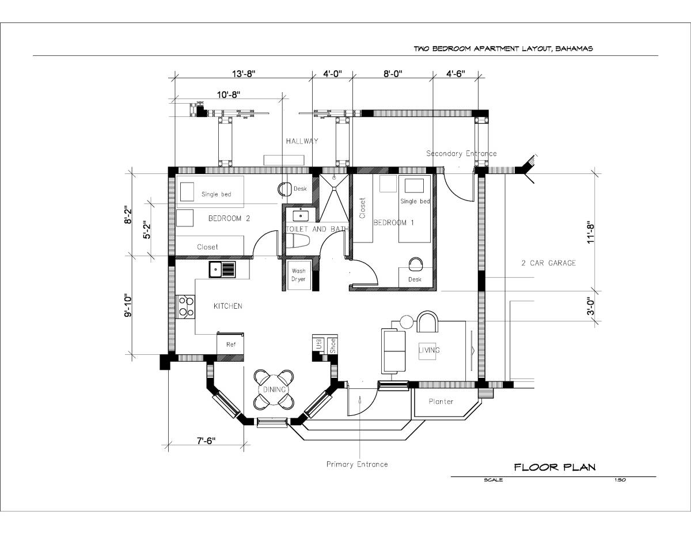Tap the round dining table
[x=275, y=390]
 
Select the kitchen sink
[x=222, y=269]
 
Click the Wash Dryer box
[x=298, y=275]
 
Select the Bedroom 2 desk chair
[x=286, y=188]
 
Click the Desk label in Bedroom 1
[x=415, y=279]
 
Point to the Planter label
[x=441, y=402]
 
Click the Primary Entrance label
[x=357, y=464]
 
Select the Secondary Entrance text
[x=461, y=154]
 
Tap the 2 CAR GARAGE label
[x=548, y=263]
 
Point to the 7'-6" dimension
[x=206, y=441]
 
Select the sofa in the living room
[x=394, y=350]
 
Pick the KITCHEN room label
[x=228, y=306]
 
